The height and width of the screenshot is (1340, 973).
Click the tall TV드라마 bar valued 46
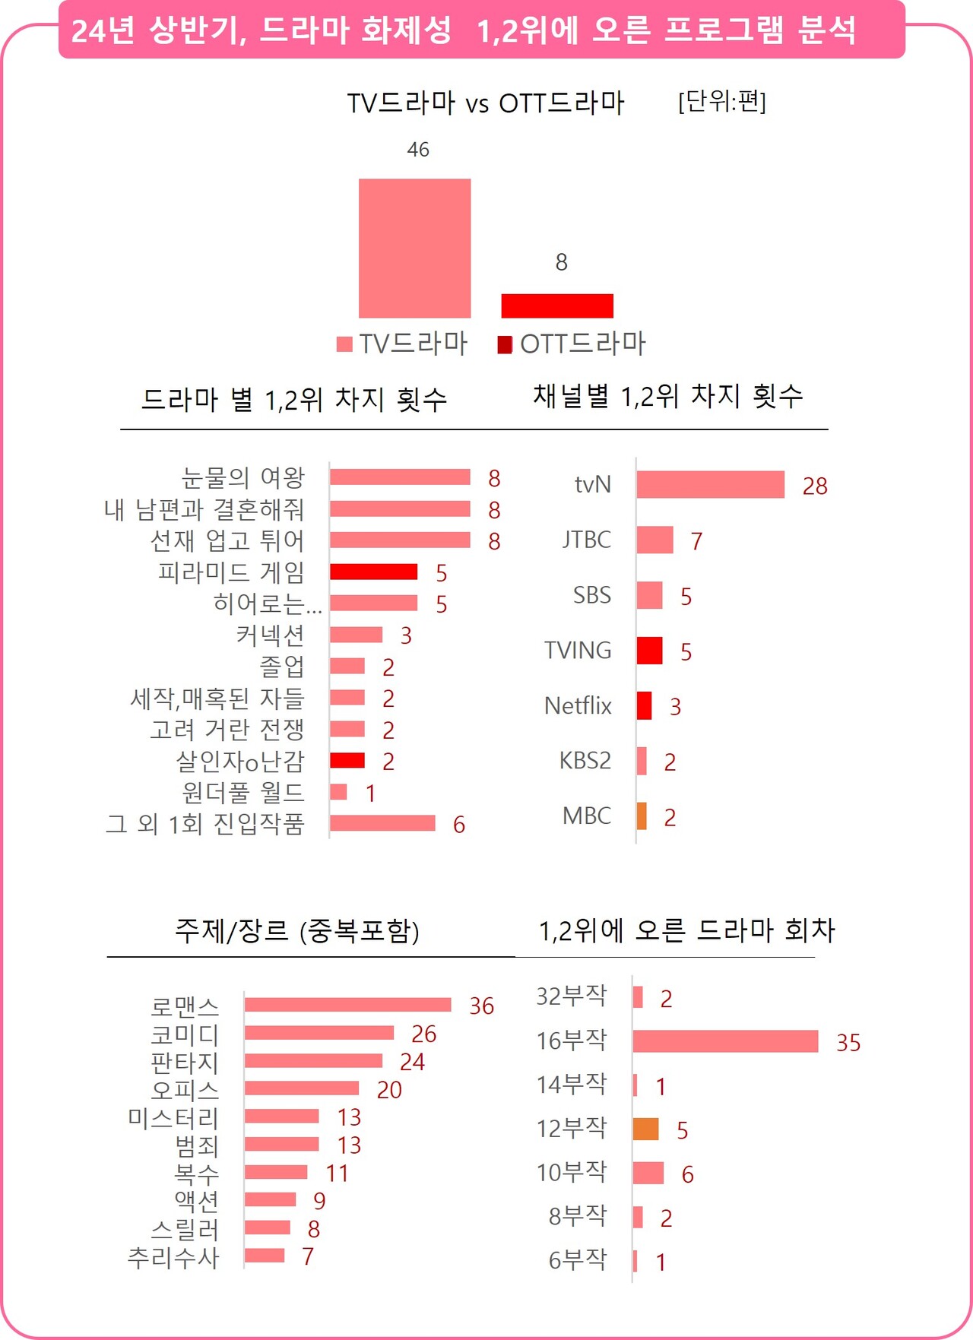click(414, 248)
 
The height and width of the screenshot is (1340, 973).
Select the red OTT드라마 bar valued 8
click(557, 306)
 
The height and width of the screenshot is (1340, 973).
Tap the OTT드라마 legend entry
click(572, 344)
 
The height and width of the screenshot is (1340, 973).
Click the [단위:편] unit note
click(721, 100)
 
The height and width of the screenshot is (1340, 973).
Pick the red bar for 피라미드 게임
click(373, 572)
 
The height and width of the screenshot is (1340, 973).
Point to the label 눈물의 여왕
click(242, 477)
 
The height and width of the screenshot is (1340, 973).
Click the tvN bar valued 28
click(710, 485)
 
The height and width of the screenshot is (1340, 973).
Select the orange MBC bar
click(642, 816)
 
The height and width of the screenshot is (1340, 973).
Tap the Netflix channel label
click(578, 706)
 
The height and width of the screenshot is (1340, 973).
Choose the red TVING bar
click(649, 651)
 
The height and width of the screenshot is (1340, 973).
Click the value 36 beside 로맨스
click(481, 1006)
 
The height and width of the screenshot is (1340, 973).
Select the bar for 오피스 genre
click(301, 1088)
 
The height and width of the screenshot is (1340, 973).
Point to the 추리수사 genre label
click(173, 1257)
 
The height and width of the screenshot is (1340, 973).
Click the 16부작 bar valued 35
click(725, 1041)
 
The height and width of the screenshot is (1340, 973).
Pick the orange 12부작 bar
click(645, 1129)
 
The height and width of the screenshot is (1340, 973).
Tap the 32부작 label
click(571, 996)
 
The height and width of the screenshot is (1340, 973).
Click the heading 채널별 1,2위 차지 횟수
click(667, 396)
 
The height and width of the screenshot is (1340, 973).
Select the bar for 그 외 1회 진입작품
click(382, 823)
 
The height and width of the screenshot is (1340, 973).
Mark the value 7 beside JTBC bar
click(696, 541)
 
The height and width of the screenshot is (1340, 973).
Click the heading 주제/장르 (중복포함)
click(297, 930)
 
